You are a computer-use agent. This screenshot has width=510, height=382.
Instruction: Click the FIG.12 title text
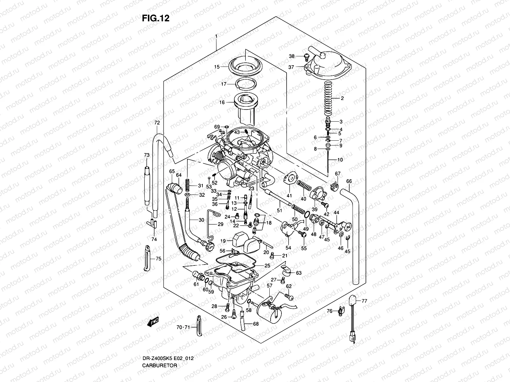(x=156, y=18)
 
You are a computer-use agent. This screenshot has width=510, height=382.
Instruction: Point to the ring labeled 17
(x=246, y=83)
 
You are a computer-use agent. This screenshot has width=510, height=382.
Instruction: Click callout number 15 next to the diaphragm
(x=217, y=67)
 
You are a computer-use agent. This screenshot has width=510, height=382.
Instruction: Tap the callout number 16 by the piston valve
(x=222, y=103)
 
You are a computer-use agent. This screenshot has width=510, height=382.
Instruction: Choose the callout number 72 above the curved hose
(x=157, y=123)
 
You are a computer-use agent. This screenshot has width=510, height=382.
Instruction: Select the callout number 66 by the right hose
(x=349, y=181)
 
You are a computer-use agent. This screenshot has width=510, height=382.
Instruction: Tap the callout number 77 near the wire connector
(x=365, y=300)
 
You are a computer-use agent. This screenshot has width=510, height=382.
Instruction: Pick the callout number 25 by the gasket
(x=267, y=265)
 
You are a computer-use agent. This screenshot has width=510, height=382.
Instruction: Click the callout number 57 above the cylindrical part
(x=270, y=286)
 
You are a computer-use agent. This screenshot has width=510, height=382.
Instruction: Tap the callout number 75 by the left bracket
(x=158, y=259)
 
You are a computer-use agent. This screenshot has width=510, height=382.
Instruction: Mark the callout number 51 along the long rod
(x=280, y=210)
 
